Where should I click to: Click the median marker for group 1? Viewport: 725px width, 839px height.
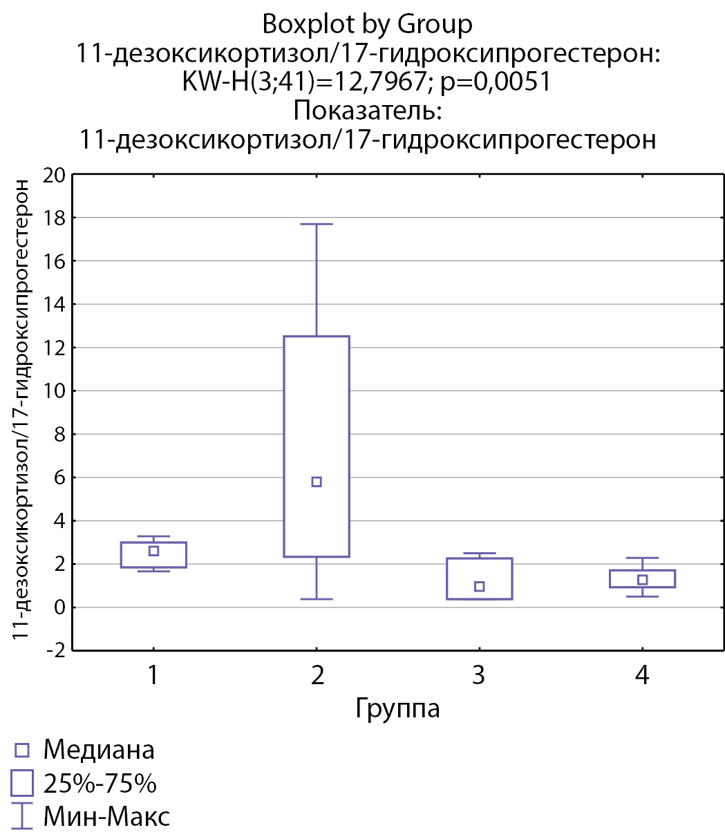click(153, 551)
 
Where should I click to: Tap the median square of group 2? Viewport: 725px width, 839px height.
click(317, 482)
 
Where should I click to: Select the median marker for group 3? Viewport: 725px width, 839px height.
click(479, 587)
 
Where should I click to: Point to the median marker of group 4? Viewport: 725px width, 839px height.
click(642, 580)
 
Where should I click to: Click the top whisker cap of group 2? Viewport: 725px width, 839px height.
click(317, 224)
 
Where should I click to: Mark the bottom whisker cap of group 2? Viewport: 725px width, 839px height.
click(317, 598)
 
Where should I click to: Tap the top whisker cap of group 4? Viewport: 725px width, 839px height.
click(642, 558)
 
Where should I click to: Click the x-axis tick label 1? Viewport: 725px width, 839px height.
click(153, 675)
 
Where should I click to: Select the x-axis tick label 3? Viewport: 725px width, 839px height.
click(479, 675)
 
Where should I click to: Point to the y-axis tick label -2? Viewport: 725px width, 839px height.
click(53, 650)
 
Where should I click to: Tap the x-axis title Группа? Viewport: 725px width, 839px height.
click(397, 708)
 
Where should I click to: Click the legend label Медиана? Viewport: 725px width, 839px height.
click(99, 749)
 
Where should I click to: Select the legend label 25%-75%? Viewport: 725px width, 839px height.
click(100, 784)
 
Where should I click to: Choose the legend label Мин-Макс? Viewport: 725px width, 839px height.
click(106, 818)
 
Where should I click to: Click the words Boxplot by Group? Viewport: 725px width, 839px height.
click(367, 25)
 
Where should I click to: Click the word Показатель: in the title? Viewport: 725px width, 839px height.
click(367, 111)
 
